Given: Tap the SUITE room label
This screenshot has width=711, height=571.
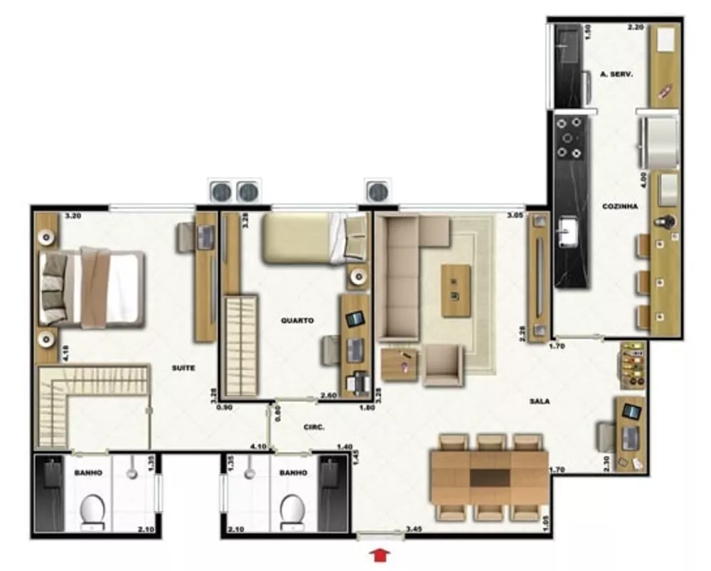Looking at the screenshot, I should (183, 368).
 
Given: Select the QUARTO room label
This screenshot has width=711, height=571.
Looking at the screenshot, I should (297, 320).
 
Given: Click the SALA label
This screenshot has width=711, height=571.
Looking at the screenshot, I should (539, 401).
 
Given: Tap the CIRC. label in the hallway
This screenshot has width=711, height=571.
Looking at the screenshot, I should (314, 428).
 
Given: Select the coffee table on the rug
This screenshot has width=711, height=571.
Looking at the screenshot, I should (455, 290).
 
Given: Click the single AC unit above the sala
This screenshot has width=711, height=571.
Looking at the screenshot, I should (378, 190).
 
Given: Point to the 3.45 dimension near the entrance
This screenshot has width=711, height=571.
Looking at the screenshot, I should (414, 529).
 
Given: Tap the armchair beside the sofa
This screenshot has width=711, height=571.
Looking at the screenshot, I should (444, 365).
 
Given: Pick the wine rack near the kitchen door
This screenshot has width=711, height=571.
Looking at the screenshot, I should (631, 365).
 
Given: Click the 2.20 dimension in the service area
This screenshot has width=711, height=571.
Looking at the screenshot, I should (635, 28).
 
